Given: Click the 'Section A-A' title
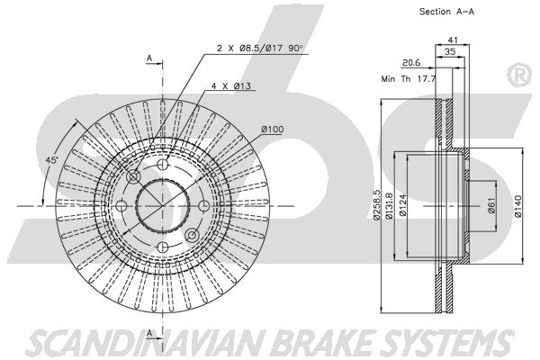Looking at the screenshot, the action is click(x=446, y=12).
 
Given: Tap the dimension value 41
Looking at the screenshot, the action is click(x=453, y=40).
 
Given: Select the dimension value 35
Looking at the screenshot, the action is click(x=450, y=51).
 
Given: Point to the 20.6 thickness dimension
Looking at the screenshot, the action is click(x=411, y=63).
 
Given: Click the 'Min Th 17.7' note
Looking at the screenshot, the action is click(x=409, y=79).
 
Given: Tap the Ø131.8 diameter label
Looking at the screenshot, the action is click(x=389, y=205).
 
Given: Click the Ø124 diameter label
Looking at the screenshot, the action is click(x=402, y=205).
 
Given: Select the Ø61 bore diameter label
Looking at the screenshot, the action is click(x=492, y=205).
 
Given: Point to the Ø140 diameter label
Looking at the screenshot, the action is click(x=518, y=206).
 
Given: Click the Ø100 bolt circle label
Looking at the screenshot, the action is click(x=273, y=130).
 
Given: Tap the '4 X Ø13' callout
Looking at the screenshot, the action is click(x=231, y=85).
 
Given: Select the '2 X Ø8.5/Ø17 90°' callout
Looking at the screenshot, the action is click(x=260, y=49).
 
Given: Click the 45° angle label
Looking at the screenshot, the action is click(x=52, y=160).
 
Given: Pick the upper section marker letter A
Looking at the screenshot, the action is click(x=149, y=58).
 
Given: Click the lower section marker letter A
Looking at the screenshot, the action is click(x=149, y=333).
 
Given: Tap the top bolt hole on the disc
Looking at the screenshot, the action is click(x=163, y=165).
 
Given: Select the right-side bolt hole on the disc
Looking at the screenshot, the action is click(x=204, y=206).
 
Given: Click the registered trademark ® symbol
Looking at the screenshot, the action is click(x=519, y=75).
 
